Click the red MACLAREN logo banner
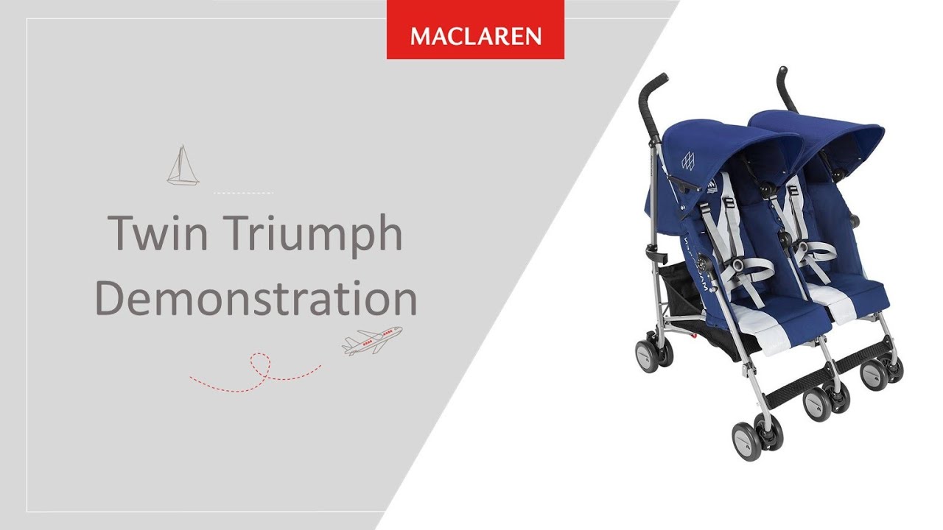click(x=475, y=29)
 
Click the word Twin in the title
click(x=158, y=233)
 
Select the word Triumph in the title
click(x=312, y=236)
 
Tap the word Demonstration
click(x=256, y=298)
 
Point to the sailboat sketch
click(x=183, y=166)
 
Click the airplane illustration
click(x=372, y=340)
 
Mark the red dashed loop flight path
click(x=256, y=373)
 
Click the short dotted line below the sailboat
click(x=243, y=193)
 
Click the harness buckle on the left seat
click(x=737, y=266)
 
